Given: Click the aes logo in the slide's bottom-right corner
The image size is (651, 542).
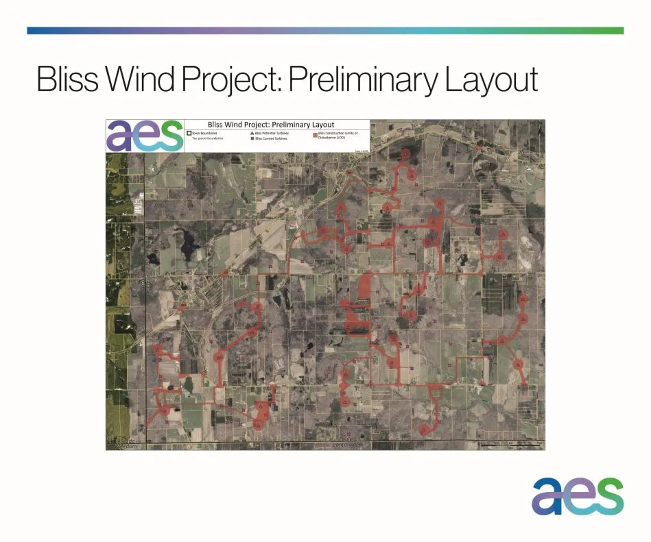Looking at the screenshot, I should coord(578,495).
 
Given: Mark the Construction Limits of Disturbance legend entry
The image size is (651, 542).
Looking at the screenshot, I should coord(335,135).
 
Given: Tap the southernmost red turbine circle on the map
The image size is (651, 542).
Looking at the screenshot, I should coord(424,430).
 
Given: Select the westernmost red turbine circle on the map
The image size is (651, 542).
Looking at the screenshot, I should coord(157,349).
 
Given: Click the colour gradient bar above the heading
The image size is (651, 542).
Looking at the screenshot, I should coord(325,31).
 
